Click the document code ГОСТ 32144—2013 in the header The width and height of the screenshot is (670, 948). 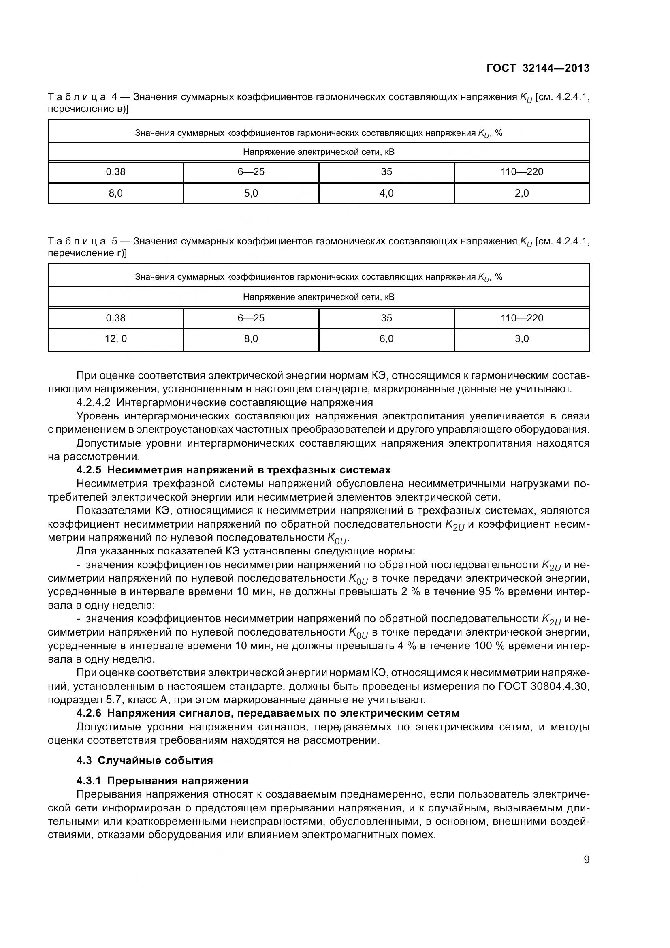(538, 68)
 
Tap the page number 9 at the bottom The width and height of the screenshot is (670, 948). (586, 860)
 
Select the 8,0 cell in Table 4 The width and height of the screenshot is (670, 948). (115, 193)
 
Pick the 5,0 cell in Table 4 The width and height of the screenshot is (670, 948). (251, 193)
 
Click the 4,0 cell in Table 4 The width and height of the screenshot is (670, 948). (386, 193)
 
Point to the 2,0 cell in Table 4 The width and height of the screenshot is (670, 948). (521, 193)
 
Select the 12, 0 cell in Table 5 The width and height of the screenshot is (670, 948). (115, 339)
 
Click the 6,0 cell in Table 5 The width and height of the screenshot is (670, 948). (386, 339)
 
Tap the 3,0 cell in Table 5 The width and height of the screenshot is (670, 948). (521, 339)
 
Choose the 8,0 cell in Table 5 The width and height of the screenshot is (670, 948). (251, 339)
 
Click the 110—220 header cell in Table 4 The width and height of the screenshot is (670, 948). (521, 172)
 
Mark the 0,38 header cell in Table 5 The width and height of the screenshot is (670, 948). (115, 318)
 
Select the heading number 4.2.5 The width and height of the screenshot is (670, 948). (89, 470)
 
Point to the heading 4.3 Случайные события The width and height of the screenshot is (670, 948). (144, 760)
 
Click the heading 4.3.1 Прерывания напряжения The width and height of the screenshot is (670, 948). (162, 780)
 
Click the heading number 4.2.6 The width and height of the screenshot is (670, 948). (89, 713)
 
